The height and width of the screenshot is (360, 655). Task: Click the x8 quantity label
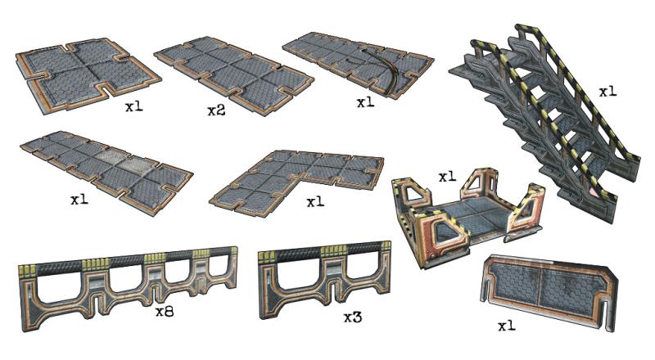point(165,312)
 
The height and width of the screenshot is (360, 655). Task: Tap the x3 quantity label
point(353,317)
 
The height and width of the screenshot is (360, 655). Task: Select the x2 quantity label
point(216,110)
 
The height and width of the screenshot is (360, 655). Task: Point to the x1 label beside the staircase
point(608,92)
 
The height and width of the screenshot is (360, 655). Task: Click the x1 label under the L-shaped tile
point(315,203)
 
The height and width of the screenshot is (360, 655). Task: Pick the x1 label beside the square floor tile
point(134,106)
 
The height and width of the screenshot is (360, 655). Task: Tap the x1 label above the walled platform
point(447,177)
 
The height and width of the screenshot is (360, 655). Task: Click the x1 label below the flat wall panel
point(507,326)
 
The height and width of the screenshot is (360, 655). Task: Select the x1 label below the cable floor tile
point(365,102)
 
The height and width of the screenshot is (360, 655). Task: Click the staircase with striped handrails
point(543,121)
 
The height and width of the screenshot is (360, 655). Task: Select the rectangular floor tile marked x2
point(234,75)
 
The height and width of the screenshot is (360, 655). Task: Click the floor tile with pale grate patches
point(106,171)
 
